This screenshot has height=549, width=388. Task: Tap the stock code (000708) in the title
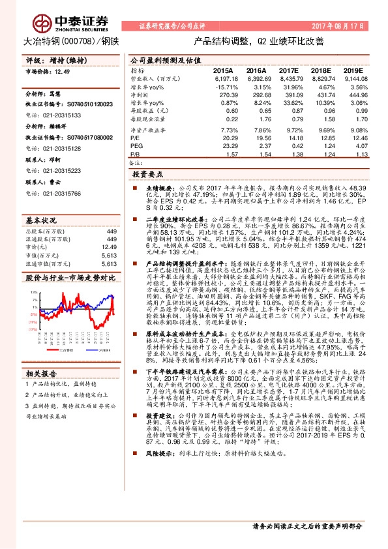[x=81, y=41]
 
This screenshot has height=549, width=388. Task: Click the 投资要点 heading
[x=147, y=175]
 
